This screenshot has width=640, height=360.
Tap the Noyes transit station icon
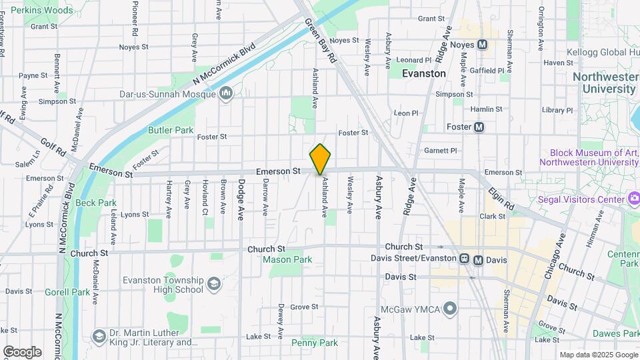click(x=483, y=45)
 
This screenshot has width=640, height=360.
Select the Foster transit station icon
click(x=478, y=127)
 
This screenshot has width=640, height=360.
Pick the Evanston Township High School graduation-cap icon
click(x=213, y=285)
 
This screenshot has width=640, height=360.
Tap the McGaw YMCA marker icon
click(x=450, y=309)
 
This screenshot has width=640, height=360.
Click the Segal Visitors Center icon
click(x=634, y=199)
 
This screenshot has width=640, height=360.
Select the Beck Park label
click(x=96, y=203)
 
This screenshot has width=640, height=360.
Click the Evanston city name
click(x=424, y=73)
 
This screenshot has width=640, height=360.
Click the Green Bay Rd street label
click(x=321, y=40)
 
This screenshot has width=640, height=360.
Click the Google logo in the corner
click(x=22, y=351)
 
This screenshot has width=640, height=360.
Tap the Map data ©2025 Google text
click(x=597, y=355)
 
